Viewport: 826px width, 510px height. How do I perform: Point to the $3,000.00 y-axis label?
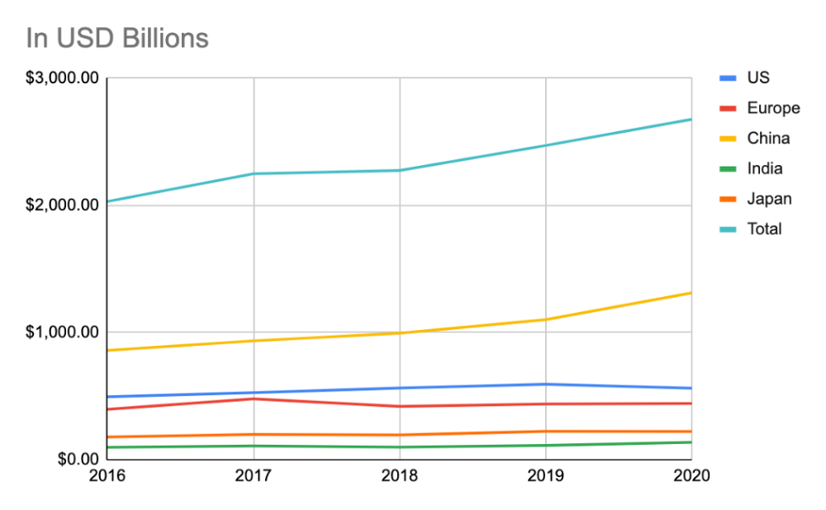pos(62,78)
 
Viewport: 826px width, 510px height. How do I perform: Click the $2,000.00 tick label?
pos(62,205)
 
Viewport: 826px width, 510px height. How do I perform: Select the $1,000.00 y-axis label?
pos(62,333)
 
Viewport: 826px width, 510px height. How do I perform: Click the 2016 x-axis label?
pos(107,476)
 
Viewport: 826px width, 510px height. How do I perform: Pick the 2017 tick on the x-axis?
pos(254,476)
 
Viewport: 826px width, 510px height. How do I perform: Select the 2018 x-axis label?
pos(400,476)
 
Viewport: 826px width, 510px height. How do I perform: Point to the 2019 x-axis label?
pos(546,476)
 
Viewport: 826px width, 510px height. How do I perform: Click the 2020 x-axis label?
pos(691,476)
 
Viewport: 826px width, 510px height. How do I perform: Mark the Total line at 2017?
pos(254,173)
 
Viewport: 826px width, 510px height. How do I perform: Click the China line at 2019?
pos(546,319)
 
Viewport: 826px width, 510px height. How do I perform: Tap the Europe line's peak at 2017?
pos(254,399)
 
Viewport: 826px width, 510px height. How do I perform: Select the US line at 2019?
pos(546,384)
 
